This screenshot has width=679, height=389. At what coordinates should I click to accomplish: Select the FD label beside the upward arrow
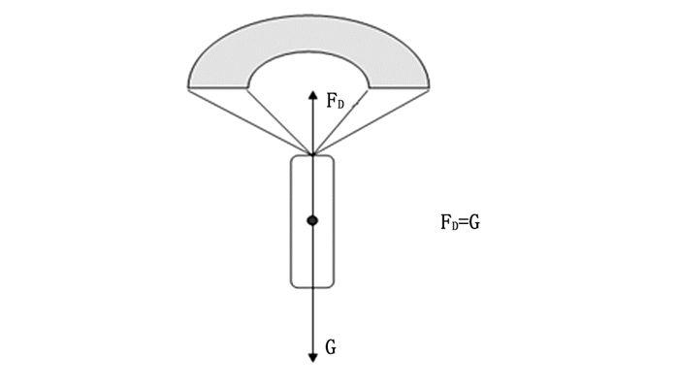(x=335, y=102)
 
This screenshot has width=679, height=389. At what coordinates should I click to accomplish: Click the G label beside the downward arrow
(x=331, y=347)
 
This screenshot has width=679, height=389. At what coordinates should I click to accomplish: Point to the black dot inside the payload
(x=312, y=221)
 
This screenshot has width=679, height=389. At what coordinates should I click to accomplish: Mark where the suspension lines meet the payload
(x=312, y=154)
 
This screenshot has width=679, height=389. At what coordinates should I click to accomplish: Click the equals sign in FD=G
(x=463, y=222)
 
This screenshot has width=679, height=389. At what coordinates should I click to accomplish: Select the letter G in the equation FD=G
(x=475, y=222)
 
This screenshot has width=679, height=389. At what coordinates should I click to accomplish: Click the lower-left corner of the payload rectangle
(x=293, y=285)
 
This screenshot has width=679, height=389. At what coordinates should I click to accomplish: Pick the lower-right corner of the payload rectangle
(x=332, y=285)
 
